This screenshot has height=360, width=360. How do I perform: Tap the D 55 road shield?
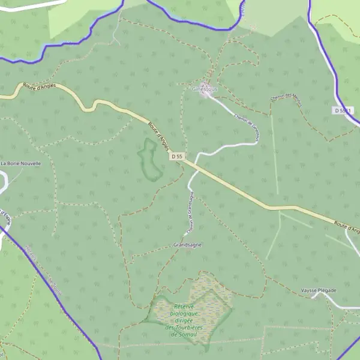point(176,157)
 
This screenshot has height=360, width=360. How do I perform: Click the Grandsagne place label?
point(187,245)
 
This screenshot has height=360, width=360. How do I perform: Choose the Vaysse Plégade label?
point(319,290)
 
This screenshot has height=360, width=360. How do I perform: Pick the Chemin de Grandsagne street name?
point(190,213)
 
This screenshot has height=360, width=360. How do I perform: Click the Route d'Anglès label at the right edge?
point(347,227)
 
